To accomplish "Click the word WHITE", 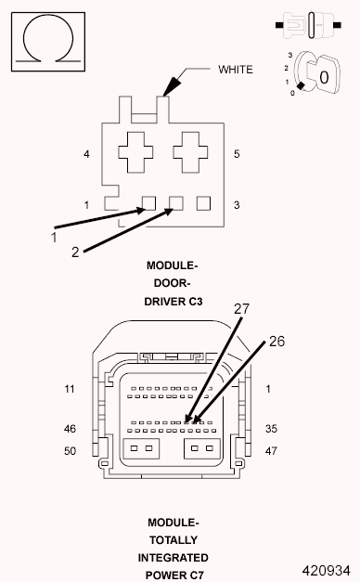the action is pyautogui.click(x=236, y=70).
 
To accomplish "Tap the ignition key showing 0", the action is pyautogui.click(x=317, y=73).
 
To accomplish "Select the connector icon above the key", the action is pyautogui.click(x=308, y=25).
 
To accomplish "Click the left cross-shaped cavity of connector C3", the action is pyautogui.click(x=135, y=152).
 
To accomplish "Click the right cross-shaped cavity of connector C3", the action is pyautogui.click(x=190, y=152).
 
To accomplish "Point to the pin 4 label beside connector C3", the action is pyautogui.click(x=86, y=154).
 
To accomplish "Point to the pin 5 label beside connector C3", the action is pyautogui.click(x=237, y=154).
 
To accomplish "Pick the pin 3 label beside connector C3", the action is pyautogui.click(x=237, y=205).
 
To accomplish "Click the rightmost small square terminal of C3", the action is pyautogui.click(x=203, y=203).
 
